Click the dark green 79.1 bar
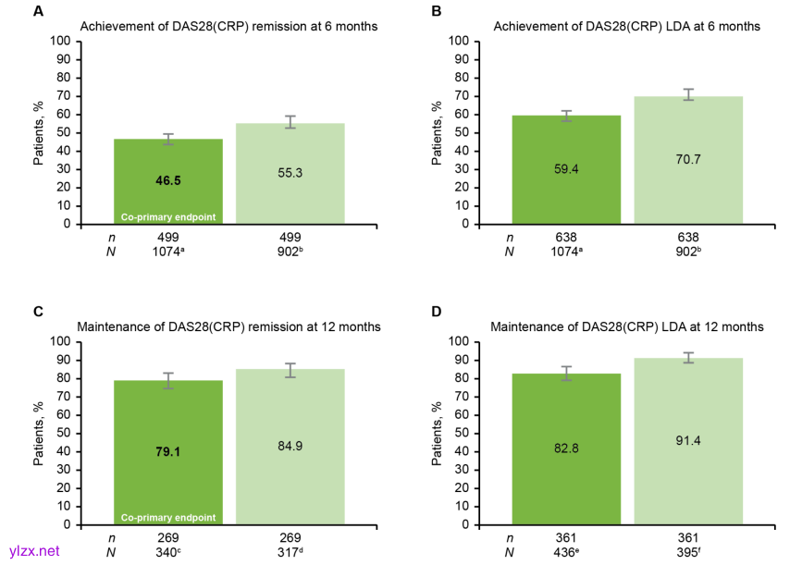click(168, 453)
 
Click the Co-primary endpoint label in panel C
click(168, 515)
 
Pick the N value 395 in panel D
click(688, 554)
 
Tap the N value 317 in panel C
click(290, 554)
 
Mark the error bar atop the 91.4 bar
click(688, 357)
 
